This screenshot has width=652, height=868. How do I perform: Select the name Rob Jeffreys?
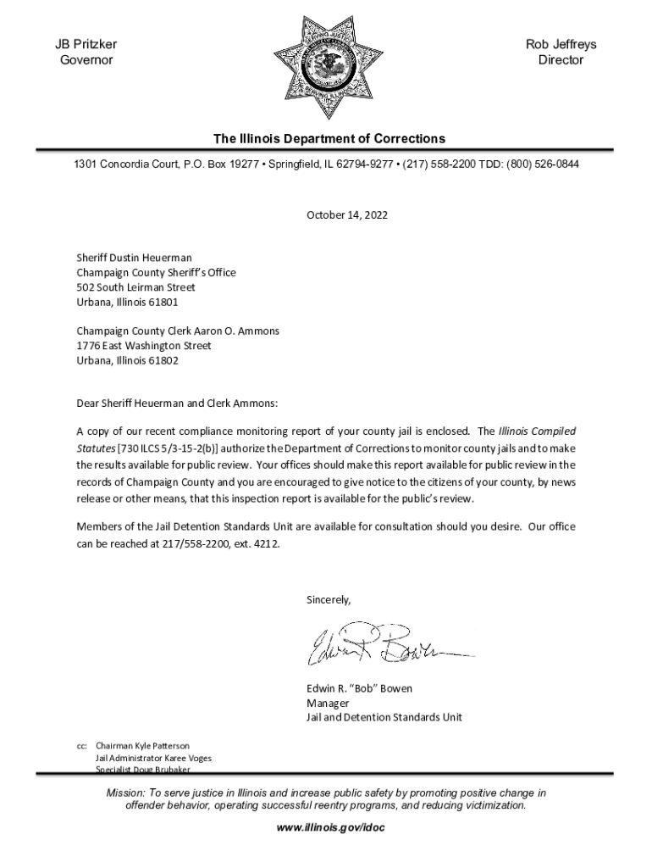[561, 44]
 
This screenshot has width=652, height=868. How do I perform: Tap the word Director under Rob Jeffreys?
[561, 60]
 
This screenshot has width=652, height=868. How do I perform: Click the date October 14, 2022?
[346, 215]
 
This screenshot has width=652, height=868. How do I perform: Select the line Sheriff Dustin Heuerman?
[134, 258]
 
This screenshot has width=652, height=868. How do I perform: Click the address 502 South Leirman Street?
[135, 287]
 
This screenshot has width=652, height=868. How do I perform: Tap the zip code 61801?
[163, 302]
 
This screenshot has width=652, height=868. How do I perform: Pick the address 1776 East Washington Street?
[144, 346]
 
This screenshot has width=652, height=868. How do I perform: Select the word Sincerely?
[328, 599]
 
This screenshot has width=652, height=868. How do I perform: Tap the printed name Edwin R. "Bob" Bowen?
[359, 688]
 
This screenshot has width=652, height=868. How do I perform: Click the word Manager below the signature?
[328, 703]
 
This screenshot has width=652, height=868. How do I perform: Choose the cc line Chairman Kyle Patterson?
[142, 745]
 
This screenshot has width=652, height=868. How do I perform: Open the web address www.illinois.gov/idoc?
[326, 827]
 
